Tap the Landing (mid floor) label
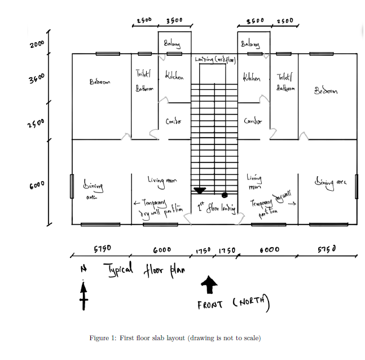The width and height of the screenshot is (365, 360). (x=214, y=59)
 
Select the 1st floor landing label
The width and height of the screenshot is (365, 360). (x=216, y=208)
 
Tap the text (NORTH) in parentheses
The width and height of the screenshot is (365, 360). (x=251, y=302)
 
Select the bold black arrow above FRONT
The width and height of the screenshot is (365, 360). (x=210, y=285)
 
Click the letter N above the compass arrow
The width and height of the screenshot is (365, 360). (x=83, y=270)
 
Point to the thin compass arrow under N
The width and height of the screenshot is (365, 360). (x=83, y=295)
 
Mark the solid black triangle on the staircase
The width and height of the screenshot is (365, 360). (x=200, y=191)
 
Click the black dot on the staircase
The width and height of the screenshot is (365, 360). (x=224, y=195)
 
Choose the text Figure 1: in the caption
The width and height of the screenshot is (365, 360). (x=103, y=338)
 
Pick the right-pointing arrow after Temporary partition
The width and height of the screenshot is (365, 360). (x=292, y=205)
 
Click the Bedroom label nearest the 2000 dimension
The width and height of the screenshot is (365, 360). (x=100, y=82)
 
